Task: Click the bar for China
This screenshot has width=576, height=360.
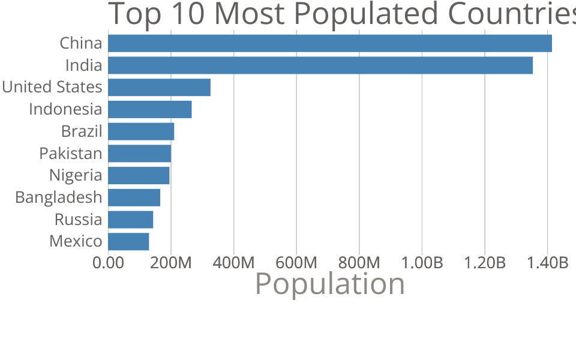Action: [x=329, y=43]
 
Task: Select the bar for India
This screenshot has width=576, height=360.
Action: [x=320, y=65]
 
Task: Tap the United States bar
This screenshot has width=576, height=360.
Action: [x=159, y=87]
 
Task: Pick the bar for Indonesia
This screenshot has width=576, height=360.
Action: [x=149, y=109]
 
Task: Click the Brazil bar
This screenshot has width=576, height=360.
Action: [x=141, y=131]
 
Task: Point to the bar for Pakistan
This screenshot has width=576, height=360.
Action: [x=139, y=154]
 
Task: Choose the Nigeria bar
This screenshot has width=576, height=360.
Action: [x=139, y=175]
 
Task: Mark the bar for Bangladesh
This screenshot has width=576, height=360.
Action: [x=134, y=197]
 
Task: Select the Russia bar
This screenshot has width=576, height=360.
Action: [x=130, y=220]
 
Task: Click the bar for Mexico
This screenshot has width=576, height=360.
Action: [x=128, y=241]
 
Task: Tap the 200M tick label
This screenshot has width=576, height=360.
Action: [x=171, y=263]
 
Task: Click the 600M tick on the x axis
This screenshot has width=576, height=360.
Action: [x=296, y=263]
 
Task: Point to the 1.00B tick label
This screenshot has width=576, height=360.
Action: [x=422, y=263]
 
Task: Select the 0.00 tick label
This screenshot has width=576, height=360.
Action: [x=109, y=263]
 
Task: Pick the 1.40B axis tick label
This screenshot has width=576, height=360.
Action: [x=547, y=263]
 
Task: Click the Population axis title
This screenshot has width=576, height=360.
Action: [x=330, y=284]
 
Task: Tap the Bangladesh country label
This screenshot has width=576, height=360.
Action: [x=59, y=197]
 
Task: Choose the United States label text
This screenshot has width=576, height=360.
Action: [x=52, y=87]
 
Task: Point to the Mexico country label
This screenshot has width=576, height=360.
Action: [x=76, y=241]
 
